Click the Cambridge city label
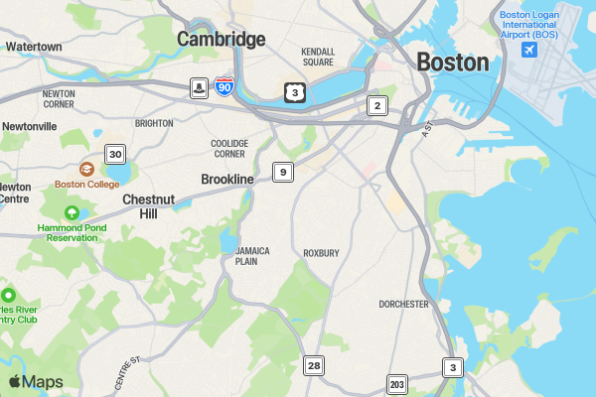coord(222,40)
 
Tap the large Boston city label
coord(452,63)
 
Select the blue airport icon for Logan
coord(529,50)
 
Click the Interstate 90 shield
coord(224,87)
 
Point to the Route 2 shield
coord(375,105)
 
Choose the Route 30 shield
coord(116,154)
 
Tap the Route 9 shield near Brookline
coord(284,173)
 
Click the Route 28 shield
coord(314,366)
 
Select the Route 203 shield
coord(398,384)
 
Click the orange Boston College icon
coord(87,170)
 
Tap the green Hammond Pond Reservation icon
coord(72,213)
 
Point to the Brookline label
coord(227,179)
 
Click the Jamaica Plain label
coord(252,256)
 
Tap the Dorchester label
coord(403,304)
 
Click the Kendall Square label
coord(318,56)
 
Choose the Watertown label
coord(34,47)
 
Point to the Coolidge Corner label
coord(228,148)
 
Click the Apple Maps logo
coord(36,382)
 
